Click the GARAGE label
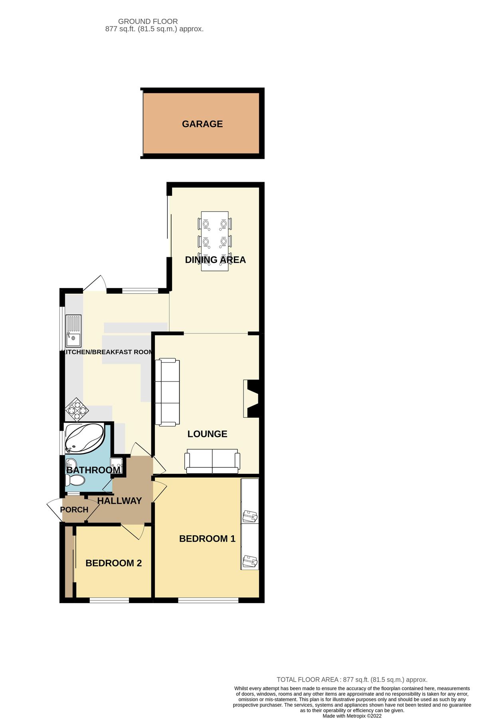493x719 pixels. point(202,124)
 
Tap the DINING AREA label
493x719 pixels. point(215,260)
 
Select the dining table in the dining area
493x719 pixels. point(215,241)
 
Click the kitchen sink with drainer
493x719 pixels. point(73,330)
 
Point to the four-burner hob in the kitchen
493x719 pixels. point(77,409)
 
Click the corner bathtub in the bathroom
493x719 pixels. point(84,439)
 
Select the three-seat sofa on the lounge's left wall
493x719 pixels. point(167,392)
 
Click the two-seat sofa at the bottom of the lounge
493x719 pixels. point(212,461)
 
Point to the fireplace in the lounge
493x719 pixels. point(252,399)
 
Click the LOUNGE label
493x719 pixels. point(207,434)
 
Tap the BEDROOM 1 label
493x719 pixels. point(207,538)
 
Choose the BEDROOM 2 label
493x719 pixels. point(113,563)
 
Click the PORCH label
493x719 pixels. point(74,510)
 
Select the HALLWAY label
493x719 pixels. point(119,501)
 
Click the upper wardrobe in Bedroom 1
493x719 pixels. point(250,501)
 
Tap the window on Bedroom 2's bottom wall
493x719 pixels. point(109,600)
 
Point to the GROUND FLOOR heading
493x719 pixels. point(148,21)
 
